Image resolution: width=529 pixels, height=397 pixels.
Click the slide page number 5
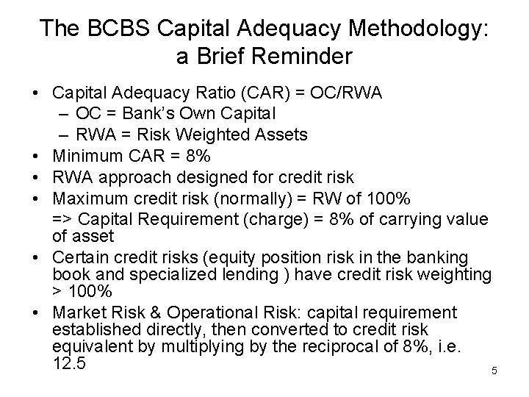pyautogui.click(x=494, y=371)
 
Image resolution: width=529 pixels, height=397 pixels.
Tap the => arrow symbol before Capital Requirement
pyautogui.click(x=62, y=218)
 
